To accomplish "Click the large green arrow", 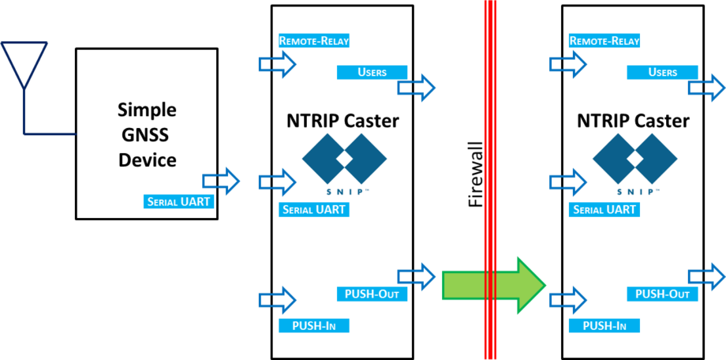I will pos(493,284).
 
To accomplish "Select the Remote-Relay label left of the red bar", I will pos(314,40).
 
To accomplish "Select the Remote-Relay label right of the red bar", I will pos(604,40).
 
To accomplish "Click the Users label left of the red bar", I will pos(372,72).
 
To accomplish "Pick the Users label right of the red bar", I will pos(662,72).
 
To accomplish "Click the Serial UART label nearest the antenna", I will pos(179,201).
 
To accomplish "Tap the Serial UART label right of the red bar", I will pos(604,210).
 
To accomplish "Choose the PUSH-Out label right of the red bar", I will pos(662,294).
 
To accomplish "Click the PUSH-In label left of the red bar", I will pos(314,325).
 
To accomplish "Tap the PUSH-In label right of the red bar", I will pos(604,325).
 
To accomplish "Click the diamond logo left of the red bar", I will pos(344,159).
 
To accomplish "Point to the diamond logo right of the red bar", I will pos(634,159).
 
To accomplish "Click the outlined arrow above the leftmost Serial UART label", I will pos(221,181).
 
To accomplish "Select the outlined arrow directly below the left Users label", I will pos(416,88).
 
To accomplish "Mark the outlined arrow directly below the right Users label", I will pos(706,88).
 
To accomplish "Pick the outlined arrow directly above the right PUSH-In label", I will pos(568,300).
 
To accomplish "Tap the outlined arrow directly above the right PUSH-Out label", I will pos(706,276).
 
